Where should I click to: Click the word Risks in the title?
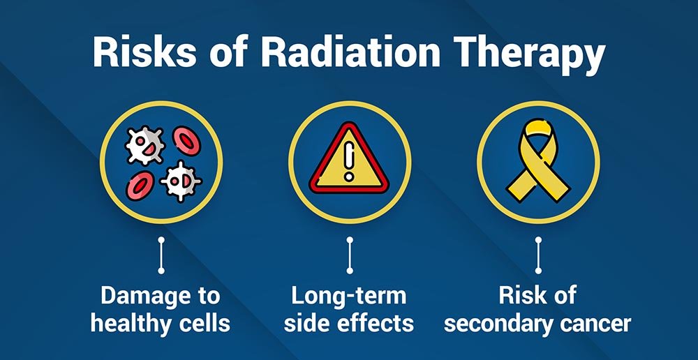point(145,53)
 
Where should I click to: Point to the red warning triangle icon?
point(350,158)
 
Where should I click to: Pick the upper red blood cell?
point(186,141)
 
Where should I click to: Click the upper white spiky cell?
point(145,145)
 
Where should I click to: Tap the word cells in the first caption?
point(207,324)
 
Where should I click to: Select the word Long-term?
point(349,297)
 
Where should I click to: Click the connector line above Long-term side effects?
point(350,255)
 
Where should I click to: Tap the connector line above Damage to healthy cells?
point(161,255)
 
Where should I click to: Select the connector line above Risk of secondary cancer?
point(538,255)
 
